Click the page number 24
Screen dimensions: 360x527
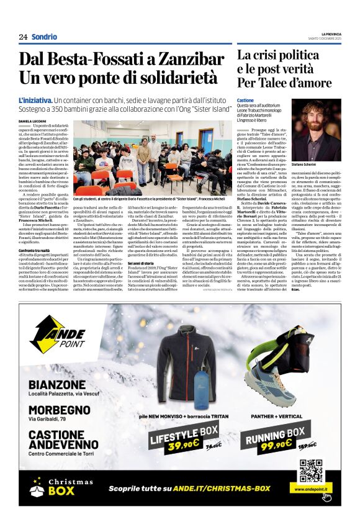pyautogui.click(x=23, y=37)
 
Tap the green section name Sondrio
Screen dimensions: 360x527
pyautogui.click(x=44, y=37)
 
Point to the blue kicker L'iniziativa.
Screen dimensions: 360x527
pyautogui.click(x=35, y=100)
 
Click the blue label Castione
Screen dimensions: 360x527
pyautogui.click(x=246, y=100)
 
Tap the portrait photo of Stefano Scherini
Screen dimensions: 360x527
pyautogui.click(x=317, y=128)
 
